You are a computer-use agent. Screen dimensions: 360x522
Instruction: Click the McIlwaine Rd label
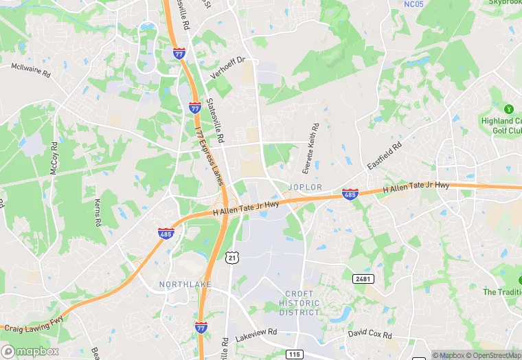[x=31, y=70]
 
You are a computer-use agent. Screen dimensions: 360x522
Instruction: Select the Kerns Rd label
[x=97, y=213]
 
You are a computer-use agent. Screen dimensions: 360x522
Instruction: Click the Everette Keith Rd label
[x=311, y=148]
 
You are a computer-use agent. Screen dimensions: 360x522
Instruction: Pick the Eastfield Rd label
[x=384, y=156]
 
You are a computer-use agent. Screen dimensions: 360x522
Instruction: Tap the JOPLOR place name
[x=306, y=186]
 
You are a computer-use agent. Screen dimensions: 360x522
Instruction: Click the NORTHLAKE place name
[x=185, y=284]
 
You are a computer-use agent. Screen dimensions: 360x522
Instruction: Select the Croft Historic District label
[x=299, y=303]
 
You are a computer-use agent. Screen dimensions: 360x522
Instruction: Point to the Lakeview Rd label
[x=256, y=335]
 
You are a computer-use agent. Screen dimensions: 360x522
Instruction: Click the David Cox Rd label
[x=370, y=335]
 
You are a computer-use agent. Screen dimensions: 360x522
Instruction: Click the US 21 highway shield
[x=234, y=256]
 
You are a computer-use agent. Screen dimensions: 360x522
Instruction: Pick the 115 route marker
[x=295, y=354]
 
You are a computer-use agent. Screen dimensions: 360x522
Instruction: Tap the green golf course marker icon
[x=508, y=109]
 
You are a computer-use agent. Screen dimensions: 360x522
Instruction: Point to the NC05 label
[x=413, y=4]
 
